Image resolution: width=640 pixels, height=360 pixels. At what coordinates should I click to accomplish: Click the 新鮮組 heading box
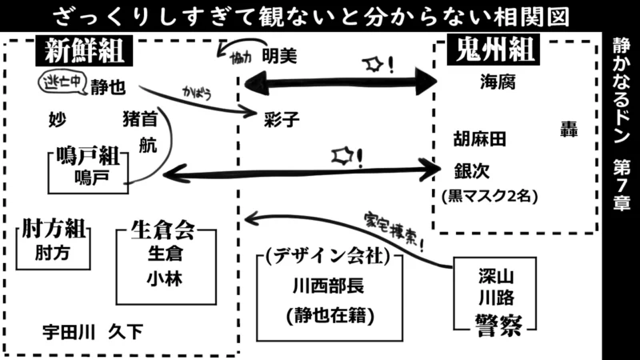pos(83,52)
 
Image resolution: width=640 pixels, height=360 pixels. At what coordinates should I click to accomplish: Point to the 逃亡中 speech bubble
pos(62,80)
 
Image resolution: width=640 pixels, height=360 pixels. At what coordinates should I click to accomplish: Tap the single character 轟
pos(569,130)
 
